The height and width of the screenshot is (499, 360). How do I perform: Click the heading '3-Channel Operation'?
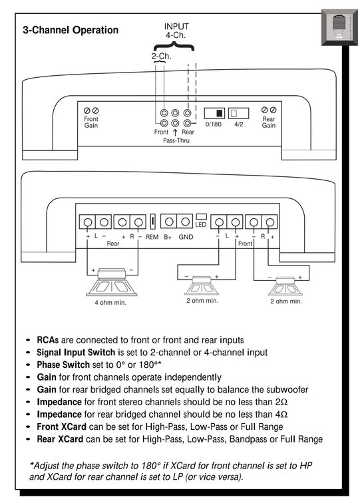[x=71, y=30]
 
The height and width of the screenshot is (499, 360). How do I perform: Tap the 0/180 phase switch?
[x=214, y=113]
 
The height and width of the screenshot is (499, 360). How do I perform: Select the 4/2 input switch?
[x=238, y=113]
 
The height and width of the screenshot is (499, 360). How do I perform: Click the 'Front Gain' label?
[x=91, y=122]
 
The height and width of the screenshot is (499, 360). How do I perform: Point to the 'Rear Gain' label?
[x=269, y=122]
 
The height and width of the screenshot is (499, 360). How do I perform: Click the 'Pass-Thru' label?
[x=176, y=140]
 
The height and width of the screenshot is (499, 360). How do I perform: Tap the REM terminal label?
[x=152, y=237]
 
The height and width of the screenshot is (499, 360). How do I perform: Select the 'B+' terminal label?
[x=168, y=237]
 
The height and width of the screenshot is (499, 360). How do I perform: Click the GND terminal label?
[x=186, y=237]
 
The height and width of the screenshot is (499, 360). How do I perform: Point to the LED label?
[x=201, y=225]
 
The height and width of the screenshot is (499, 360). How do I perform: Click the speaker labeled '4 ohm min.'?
[x=112, y=282]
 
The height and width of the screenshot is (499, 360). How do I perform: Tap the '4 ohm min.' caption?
[x=110, y=303]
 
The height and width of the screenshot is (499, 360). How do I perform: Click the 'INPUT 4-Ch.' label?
[x=176, y=31]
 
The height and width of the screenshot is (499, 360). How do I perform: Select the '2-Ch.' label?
[x=162, y=57]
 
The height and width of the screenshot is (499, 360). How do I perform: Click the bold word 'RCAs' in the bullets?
[x=48, y=340]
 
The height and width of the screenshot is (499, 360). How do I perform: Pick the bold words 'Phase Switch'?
[x=63, y=365]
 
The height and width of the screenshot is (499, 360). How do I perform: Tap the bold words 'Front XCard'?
[x=61, y=426]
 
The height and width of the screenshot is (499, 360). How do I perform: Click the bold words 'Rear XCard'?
[x=60, y=439]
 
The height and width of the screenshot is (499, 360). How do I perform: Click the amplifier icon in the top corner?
[x=339, y=27]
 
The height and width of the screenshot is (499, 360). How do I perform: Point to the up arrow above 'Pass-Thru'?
[x=175, y=132]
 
